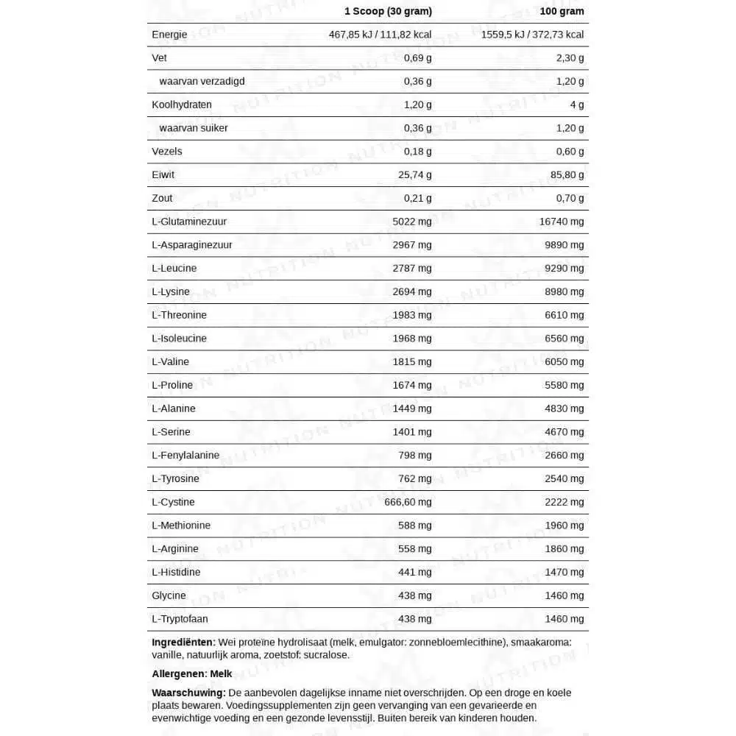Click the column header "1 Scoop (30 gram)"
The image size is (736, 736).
(x=388, y=11)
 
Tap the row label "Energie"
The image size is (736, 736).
(x=169, y=35)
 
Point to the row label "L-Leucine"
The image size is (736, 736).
(x=174, y=268)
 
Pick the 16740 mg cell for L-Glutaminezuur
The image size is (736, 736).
(x=562, y=221)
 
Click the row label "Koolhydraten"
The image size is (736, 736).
(x=182, y=105)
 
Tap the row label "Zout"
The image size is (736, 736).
(x=162, y=198)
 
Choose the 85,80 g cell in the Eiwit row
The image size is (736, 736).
(x=565, y=174)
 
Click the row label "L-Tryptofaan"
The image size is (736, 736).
(x=180, y=619)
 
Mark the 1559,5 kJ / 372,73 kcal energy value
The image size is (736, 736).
(x=532, y=35)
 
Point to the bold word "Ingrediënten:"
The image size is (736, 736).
(x=183, y=642)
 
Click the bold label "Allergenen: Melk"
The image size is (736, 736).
(x=191, y=673)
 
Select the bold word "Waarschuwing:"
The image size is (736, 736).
(x=188, y=693)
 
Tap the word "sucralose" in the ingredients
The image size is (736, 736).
(x=326, y=655)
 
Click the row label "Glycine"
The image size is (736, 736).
(x=169, y=595)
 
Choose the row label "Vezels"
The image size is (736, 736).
(x=167, y=151)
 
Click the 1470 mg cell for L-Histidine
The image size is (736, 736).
(x=565, y=572)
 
